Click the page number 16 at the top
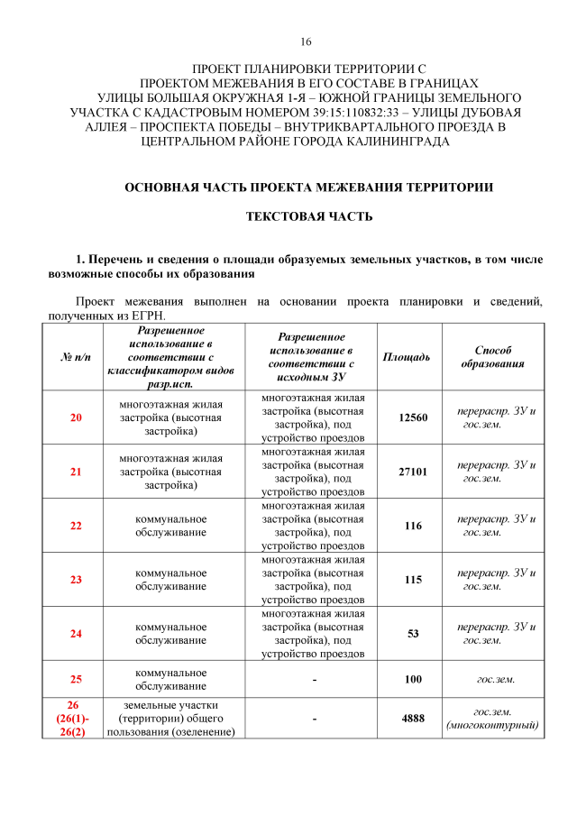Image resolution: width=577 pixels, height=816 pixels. [306, 42]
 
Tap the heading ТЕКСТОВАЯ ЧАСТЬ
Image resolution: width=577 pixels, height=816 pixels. [309, 216]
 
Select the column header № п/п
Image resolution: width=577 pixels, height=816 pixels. [76, 357]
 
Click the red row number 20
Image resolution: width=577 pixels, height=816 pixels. [76, 417]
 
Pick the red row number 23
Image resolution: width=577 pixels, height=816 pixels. [76, 580]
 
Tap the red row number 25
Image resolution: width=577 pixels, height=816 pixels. [76, 679]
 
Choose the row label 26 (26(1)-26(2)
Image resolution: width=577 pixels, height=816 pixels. [76, 719]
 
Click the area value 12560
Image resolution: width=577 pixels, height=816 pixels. [413, 417]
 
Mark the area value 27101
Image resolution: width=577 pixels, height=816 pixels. [413, 472]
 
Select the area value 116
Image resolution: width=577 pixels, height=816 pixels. [413, 526]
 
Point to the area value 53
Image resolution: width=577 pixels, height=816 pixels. [413, 634]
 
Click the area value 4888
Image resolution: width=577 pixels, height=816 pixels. [413, 719]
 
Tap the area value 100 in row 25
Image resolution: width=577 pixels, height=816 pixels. [413, 679]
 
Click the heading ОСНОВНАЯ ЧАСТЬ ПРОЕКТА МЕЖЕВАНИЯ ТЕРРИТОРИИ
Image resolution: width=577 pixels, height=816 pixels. [308, 188]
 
